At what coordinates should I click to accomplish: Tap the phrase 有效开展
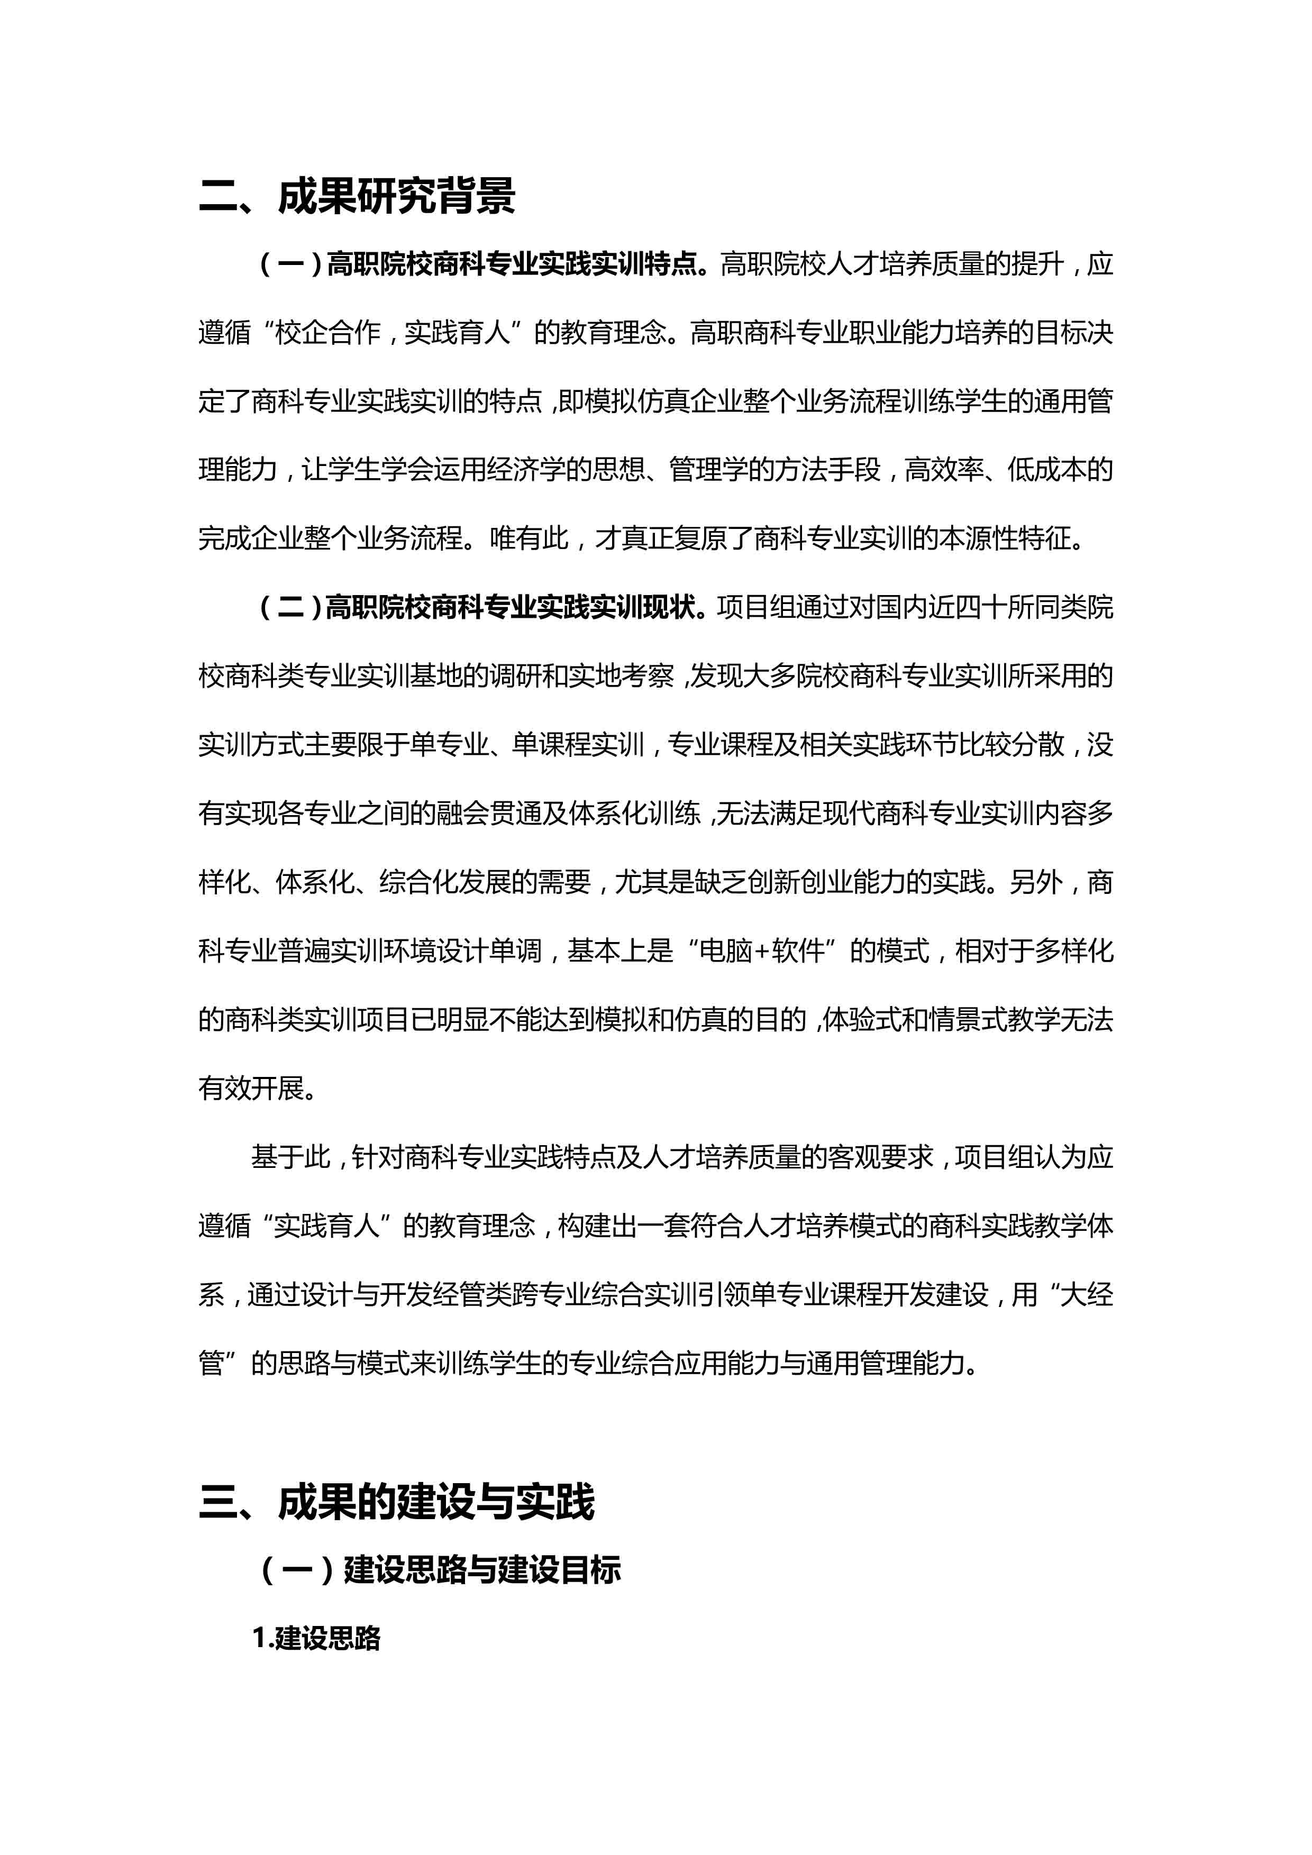(250, 1088)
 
